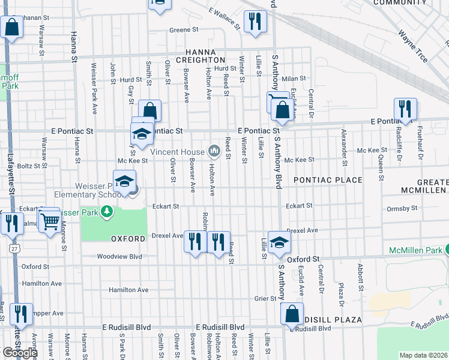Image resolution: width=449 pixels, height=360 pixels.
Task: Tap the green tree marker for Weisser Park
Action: tap(107, 211)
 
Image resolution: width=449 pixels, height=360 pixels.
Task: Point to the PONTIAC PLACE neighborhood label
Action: tap(328, 180)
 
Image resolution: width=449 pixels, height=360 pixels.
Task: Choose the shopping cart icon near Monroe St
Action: tap(49, 221)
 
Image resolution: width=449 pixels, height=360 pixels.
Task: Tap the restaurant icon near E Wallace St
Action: tap(255, 22)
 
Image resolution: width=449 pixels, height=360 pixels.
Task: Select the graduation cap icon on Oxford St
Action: tap(279, 242)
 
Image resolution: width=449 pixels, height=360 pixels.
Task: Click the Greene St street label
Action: tap(184, 29)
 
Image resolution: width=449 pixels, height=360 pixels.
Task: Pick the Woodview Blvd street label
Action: tap(120, 256)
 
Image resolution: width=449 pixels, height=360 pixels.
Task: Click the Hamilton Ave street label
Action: tap(128, 290)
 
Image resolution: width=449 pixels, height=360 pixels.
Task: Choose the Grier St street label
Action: tap(264, 298)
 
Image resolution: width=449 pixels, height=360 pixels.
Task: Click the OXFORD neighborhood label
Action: tap(127, 239)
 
